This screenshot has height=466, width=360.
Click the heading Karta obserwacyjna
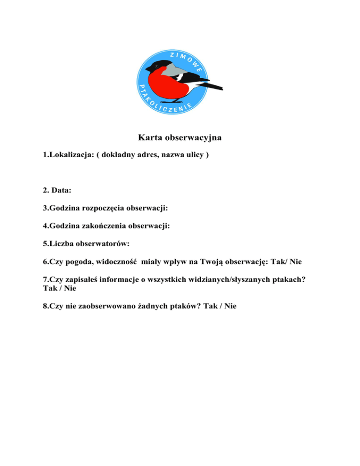180,138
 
